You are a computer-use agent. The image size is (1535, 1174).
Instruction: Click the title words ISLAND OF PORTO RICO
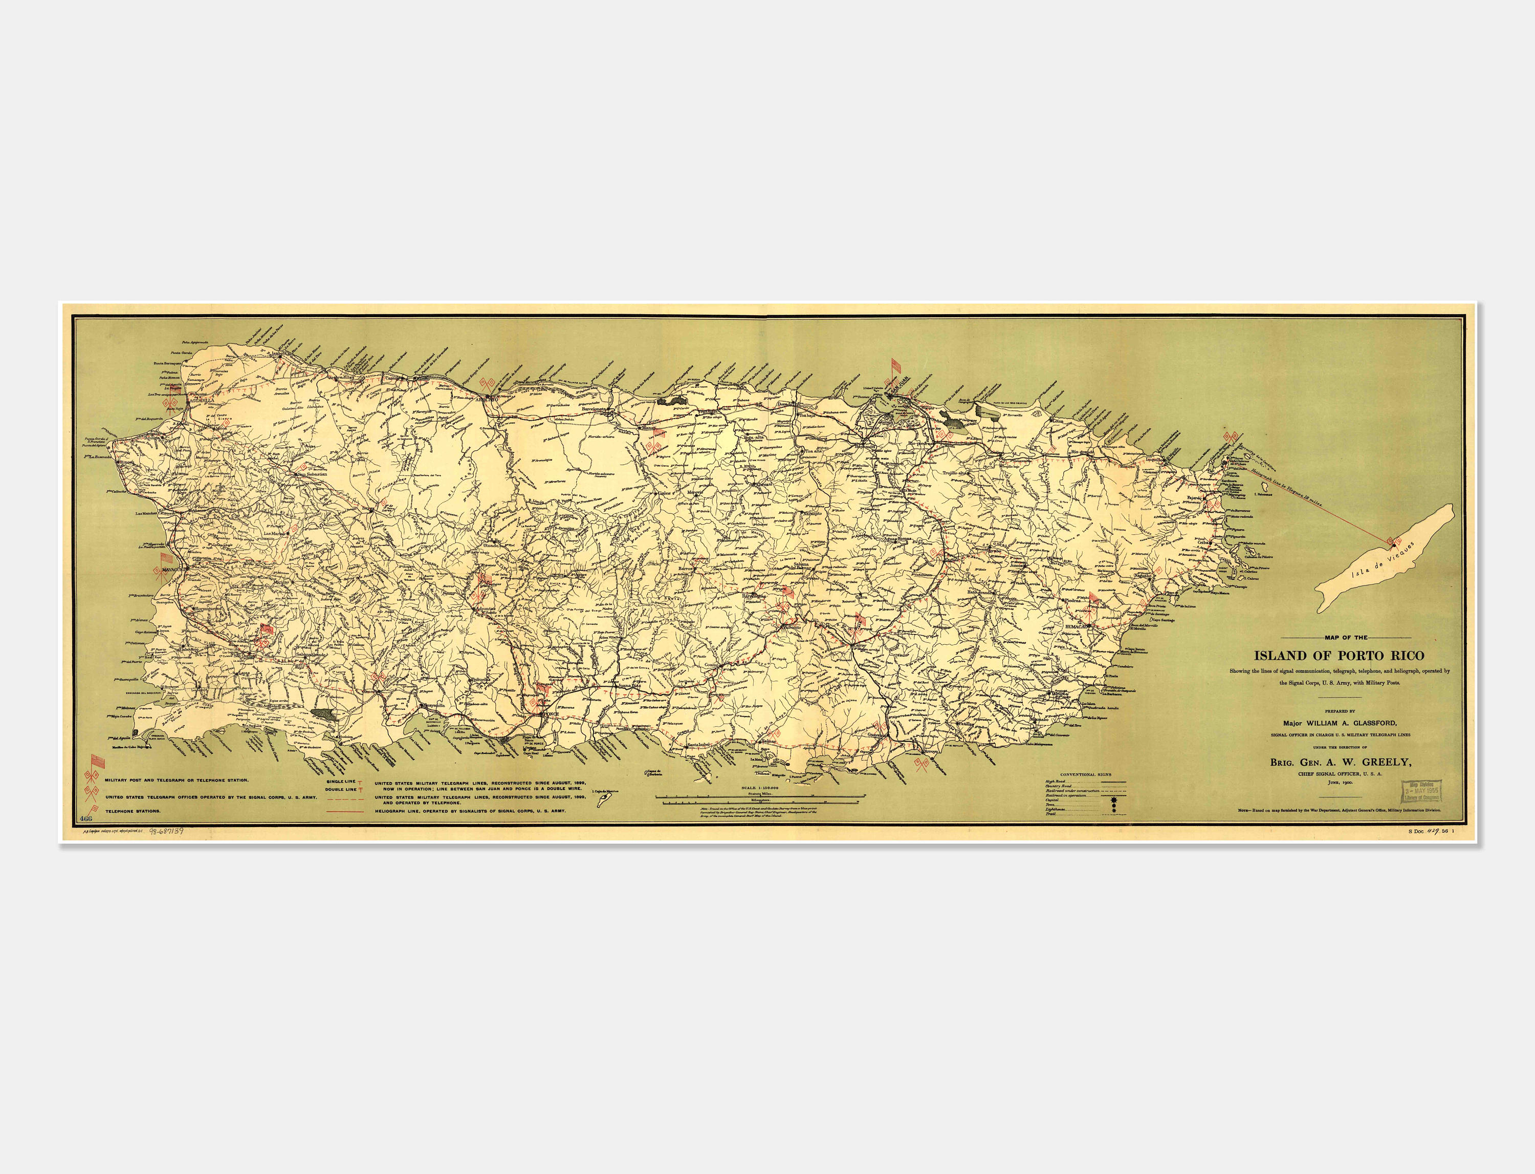(1338, 656)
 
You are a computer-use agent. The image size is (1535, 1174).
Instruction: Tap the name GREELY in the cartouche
(1386, 763)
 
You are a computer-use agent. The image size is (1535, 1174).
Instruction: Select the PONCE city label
(551, 714)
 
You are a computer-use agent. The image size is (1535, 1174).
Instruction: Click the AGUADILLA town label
(201, 400)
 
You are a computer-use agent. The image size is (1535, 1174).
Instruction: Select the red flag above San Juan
(895, 365)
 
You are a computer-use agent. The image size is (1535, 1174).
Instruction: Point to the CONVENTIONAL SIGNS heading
(1085, 774)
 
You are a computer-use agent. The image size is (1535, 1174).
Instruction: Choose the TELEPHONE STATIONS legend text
(133, 811)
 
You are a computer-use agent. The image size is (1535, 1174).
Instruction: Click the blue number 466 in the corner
(86, 818)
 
